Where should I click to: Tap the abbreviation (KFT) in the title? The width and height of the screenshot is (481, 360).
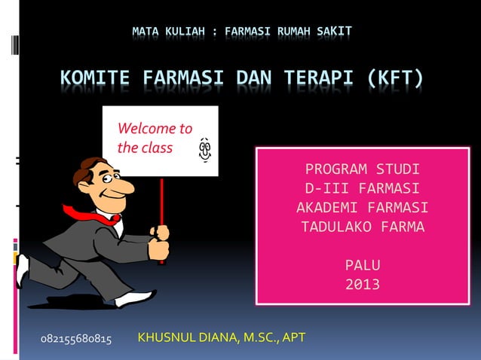pyautogui.click(x=395, y=78)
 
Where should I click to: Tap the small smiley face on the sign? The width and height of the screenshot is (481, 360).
pyautogui.click(x=204, y=148)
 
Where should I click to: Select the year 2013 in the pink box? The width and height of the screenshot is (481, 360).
pyautogui.click(x=363, y=285)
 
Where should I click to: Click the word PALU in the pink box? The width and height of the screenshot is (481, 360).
pyautogui.click(x=363, y=265)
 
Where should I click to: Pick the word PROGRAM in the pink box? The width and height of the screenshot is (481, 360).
pyautogui.click(x=333, y=168)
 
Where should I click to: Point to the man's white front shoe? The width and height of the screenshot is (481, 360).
pyautogui.click(x=136, y=299)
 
